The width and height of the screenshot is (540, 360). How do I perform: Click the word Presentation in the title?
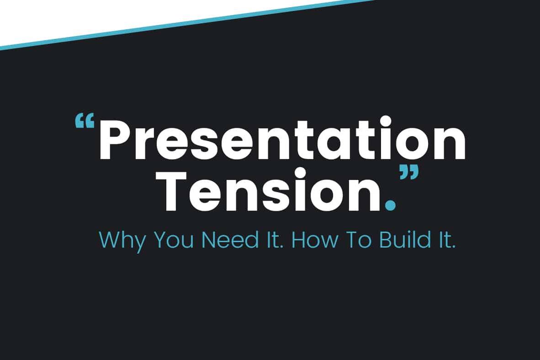282,139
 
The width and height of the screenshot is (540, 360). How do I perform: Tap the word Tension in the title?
271,190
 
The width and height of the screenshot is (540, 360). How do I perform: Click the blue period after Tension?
390,205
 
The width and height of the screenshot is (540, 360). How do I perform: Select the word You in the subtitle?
174,240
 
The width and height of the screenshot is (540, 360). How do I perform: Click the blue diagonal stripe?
188,25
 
